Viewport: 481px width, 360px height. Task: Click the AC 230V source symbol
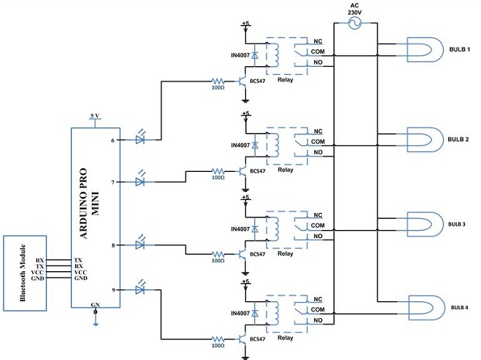[x=355, y=24]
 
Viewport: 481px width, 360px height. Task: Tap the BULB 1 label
[x=460, y=49]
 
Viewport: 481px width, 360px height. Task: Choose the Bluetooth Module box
[x=25, y=272]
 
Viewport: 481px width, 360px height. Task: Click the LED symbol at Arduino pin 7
[x=142, y=181]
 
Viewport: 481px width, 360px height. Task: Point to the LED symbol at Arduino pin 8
[x=142, y=245]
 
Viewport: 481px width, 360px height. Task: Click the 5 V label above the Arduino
[x=94, y=117]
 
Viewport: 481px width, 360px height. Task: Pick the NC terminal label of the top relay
[x=317, y=41]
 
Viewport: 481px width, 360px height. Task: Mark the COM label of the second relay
[x=318, y=141]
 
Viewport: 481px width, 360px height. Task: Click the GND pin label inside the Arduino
[x=81, y=279]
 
